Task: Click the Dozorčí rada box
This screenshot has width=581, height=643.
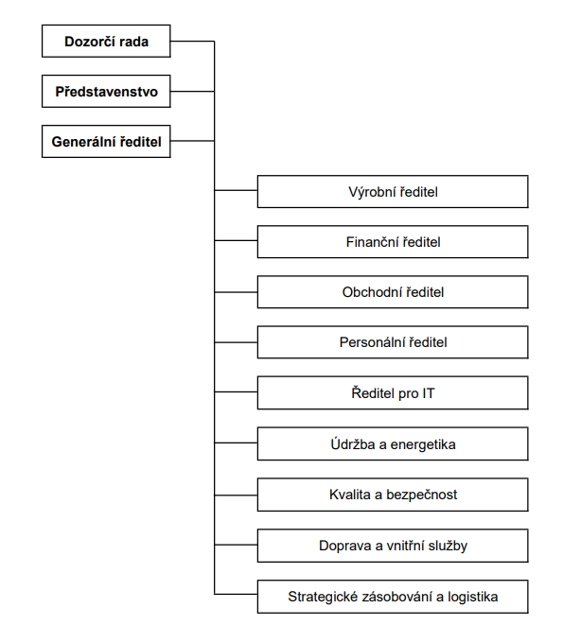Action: click(106, 41)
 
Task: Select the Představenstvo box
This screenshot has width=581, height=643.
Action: click(106, 91)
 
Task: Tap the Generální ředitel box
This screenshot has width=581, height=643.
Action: click(106, 141)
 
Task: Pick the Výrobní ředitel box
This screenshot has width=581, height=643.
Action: click(393, 192)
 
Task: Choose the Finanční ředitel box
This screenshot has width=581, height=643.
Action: click(393, 241)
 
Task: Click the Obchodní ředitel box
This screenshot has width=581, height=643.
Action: click(393, 292)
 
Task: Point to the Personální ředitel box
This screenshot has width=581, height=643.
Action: click(393, 342)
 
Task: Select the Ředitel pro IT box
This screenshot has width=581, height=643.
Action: click(393, 392)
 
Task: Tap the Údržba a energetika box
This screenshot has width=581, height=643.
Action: click(393, 443)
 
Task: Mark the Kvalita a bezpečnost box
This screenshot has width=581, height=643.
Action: click(393, 495)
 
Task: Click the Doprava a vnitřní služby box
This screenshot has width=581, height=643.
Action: click(393, 546)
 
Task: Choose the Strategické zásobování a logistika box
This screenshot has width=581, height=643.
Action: click(393, 597)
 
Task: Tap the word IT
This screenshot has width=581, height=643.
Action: click(429, 393)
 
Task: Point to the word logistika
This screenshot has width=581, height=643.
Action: click(473, 597)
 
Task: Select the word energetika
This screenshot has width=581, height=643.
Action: click(423, 444)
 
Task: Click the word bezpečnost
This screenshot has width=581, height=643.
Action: click(421, 495)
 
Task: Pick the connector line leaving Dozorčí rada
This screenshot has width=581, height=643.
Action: click(192, 41)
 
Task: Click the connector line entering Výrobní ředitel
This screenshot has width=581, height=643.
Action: click(236, 190)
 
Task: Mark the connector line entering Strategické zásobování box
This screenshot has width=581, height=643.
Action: click(236, 594)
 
